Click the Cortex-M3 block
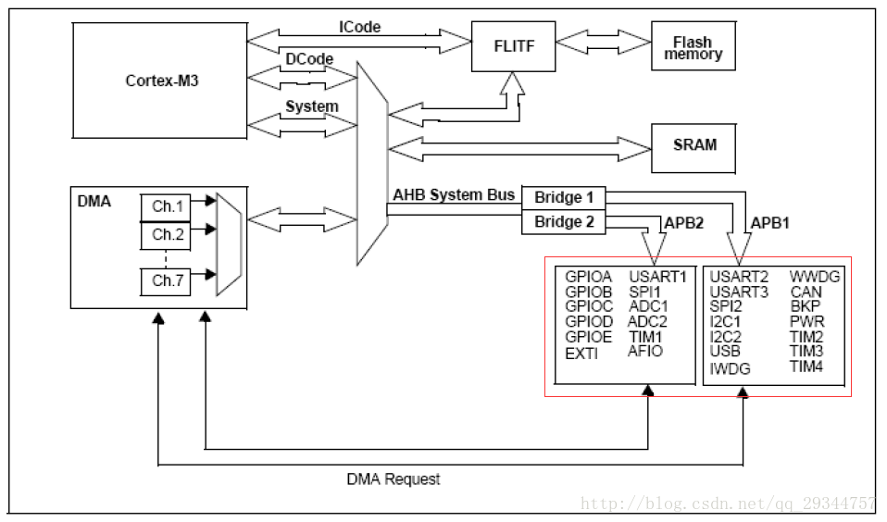(x=162, y=81)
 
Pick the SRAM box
(x=695, y=145)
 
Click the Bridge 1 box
(x=565, y=197)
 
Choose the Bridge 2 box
(x=565, y=222)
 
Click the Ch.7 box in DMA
(x=168, y=281)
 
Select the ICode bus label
(x=359, y=27)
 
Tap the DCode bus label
(x=309, y=59)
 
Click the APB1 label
(x=770, y=224)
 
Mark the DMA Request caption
(x=394, y=479)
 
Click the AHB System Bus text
(x=454, y=195)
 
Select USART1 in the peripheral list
(x=657, y=276)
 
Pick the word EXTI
(x=581, y=354)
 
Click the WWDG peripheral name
(x=815, y=276)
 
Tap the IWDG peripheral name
(x=729, y=368)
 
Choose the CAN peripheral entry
(x=806, y=292)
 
